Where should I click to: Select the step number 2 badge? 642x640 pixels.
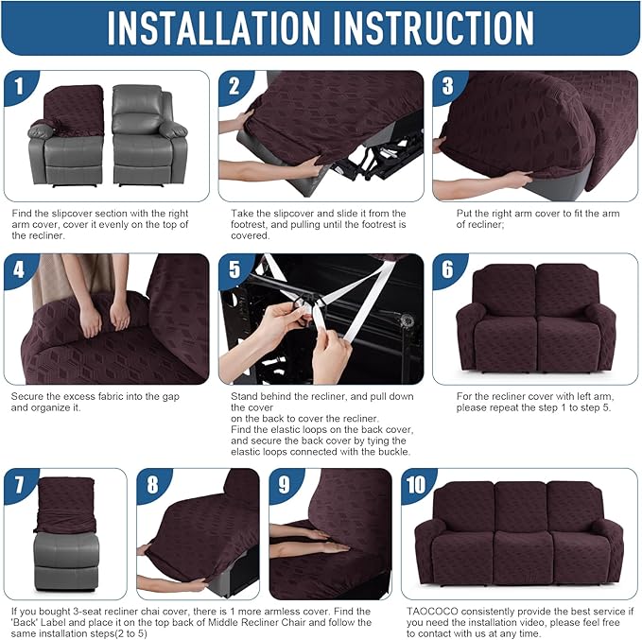pyautogui.click(x=234, y=88)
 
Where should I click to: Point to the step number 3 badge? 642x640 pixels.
pyautogui.click(x=448, y=88)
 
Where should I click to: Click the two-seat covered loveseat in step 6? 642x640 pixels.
pyautogui.click(x=535, y=319)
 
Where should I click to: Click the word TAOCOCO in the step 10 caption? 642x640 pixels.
pyautogui.click(x=429, y=612)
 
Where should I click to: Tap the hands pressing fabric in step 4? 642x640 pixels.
pyautogui.click(x=104, y=317)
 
